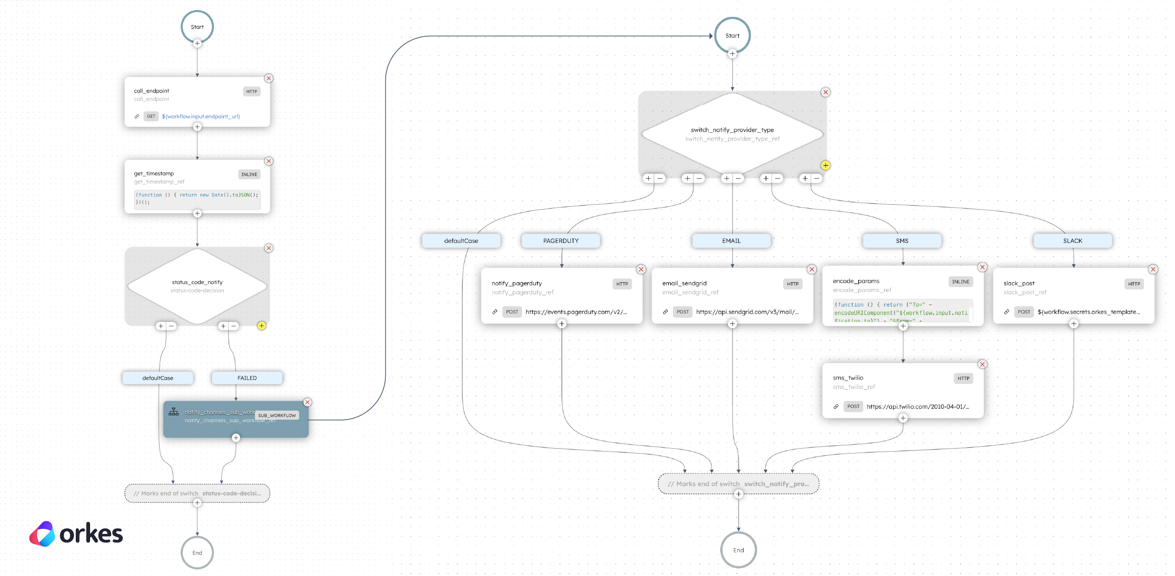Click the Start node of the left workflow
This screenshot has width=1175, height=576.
point(197,27)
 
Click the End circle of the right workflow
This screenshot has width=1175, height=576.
point(738,550)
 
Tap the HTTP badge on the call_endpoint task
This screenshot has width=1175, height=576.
point(252,92)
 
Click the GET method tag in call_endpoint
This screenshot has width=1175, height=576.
point(151,117)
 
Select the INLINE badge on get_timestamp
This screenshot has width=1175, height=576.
point(249,174)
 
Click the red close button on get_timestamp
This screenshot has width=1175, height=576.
point(269,161)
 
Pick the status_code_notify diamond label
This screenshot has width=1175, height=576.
point(197,283)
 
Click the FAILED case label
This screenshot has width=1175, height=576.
point(247,378)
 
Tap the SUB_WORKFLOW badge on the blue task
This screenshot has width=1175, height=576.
point(277,415)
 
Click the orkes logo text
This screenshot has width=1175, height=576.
point(91,534)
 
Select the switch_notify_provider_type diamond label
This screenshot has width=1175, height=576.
point(732,130)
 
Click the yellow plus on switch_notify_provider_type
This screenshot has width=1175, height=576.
point(825,166)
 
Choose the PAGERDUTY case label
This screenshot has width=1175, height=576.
point(561,241)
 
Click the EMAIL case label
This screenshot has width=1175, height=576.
point(731,241)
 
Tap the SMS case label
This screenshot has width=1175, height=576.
point(902,241)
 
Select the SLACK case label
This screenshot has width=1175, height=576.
point(1073,241)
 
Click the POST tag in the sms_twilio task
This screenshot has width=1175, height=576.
point(853,407)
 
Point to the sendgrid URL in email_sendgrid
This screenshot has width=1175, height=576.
point(747,312)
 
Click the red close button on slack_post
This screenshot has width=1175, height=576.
point(1153,269)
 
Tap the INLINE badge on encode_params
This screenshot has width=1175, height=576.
point(961,282)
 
